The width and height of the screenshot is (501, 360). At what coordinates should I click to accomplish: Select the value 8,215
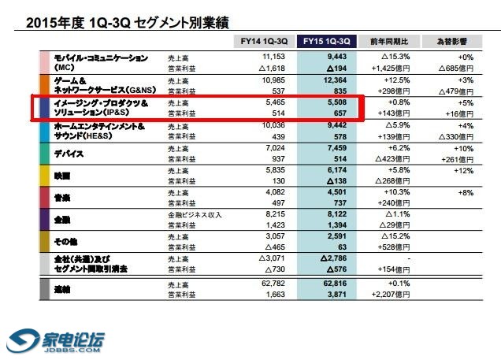[271, 213]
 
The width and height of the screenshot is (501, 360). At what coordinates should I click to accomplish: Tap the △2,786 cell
[332, 258]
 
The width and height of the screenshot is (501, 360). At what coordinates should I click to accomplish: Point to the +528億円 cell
[394, 246]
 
